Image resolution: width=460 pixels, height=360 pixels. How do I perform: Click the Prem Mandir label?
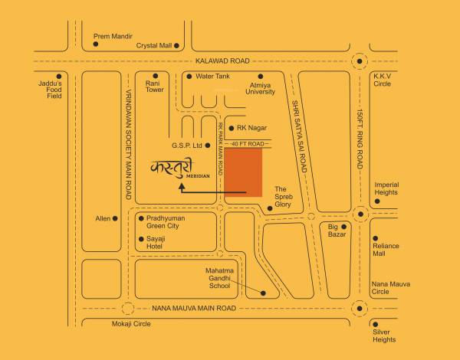(x=113, y=36)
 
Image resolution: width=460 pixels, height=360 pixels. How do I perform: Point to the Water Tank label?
(x=213, y=77)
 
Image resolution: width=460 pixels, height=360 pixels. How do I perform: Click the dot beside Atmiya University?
(x=261, y=77)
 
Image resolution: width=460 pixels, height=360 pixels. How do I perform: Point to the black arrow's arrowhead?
(x=182, y=191)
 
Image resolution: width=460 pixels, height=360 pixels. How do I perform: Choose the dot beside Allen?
(x=116, y=218)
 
